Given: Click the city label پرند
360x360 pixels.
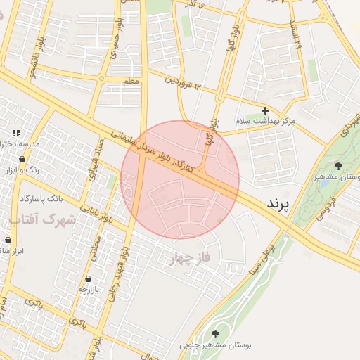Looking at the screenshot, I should [x=278, y=204].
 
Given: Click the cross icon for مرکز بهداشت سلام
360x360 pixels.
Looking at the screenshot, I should [x=265, y=110].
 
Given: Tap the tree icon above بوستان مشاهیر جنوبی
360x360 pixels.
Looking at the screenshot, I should [x=215, y=333].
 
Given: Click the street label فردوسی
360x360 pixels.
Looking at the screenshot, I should [x=328, y=206].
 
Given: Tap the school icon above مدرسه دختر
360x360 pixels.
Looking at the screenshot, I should [x=15, y=133].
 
